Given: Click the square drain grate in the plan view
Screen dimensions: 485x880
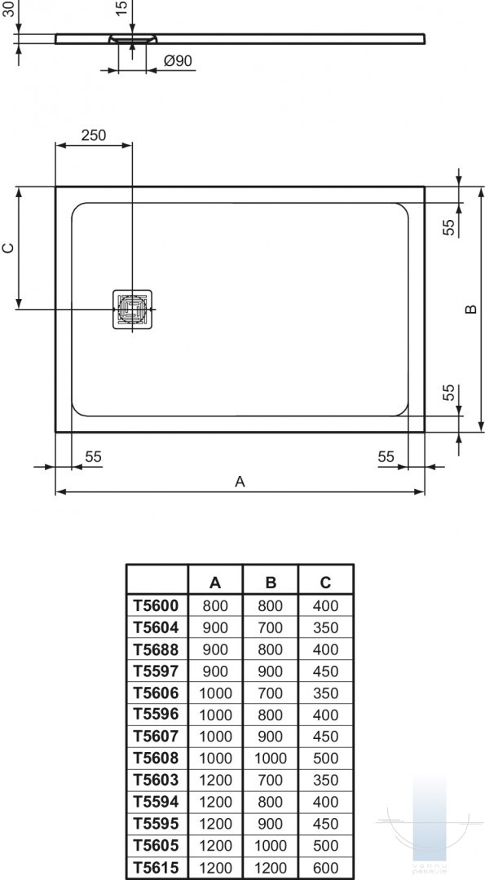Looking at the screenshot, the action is (x=133, y=310).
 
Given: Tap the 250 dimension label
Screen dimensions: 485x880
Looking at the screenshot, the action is (x=94, y=135).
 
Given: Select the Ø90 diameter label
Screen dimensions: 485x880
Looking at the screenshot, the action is (x=178, y=61).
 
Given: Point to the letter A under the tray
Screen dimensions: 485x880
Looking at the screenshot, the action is (x=240, y=482).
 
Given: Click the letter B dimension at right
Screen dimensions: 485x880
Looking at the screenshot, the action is (x=471, y=309).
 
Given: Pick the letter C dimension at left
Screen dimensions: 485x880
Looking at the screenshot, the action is (x=8, y=248).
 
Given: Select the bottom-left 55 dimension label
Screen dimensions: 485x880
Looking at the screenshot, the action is (x=93, y=457).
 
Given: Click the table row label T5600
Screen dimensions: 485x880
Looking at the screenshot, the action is (x=156, y=605).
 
